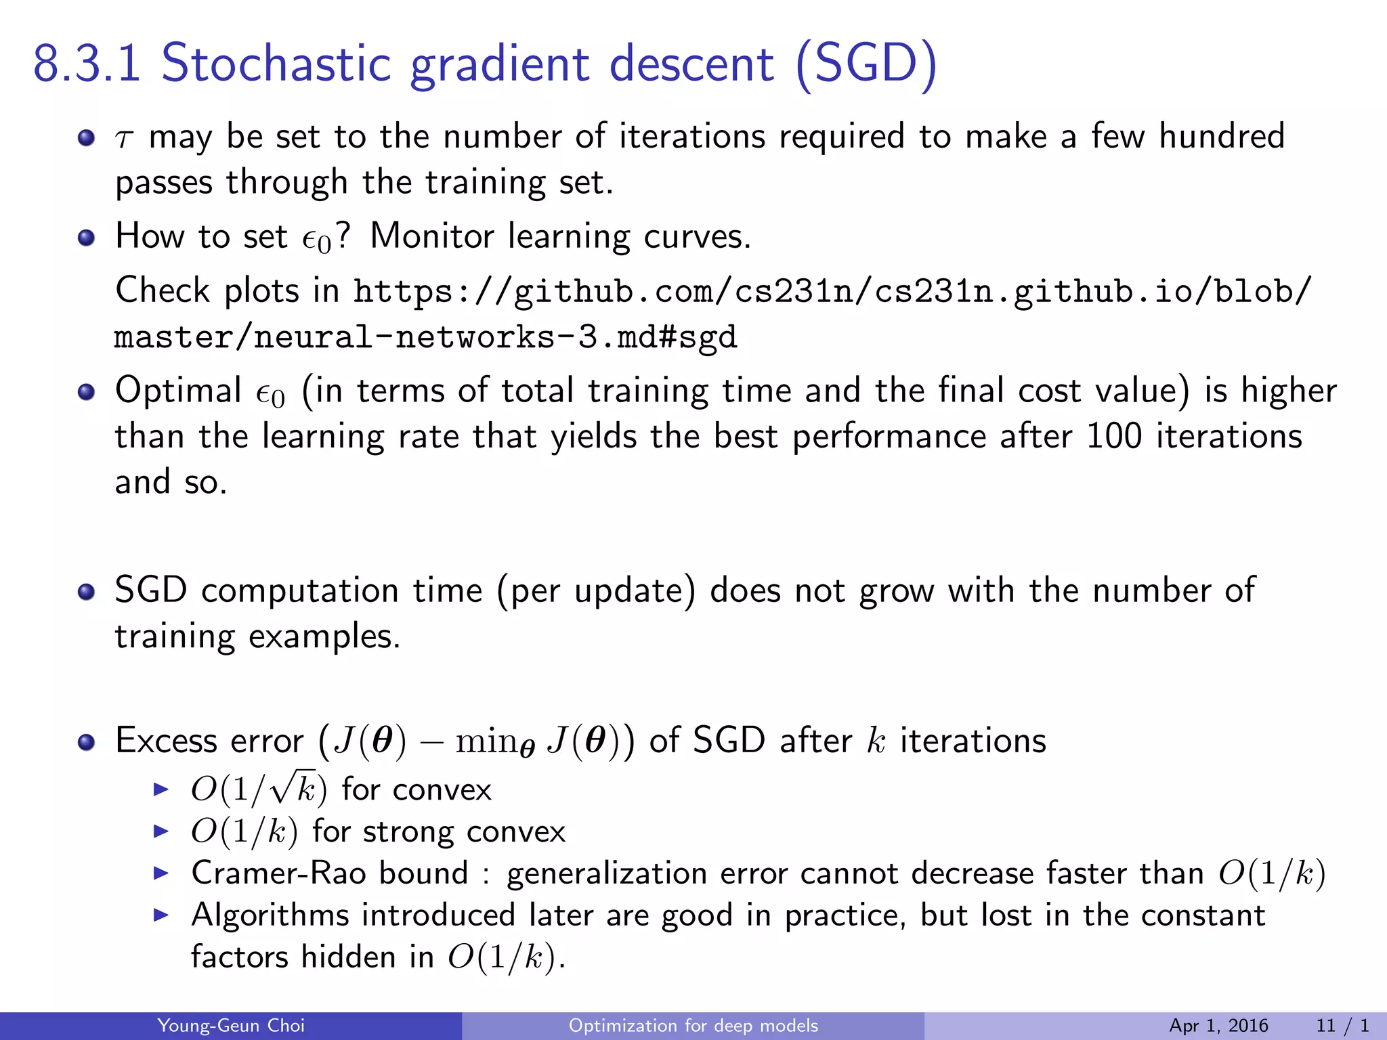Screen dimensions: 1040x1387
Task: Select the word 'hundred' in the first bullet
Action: pos(1222,136)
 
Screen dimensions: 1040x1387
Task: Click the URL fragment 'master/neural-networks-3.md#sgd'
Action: pos(425,337)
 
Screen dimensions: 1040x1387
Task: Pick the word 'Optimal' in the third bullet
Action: pos(178,391)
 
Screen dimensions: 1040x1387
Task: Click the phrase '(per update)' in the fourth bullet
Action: pos(596,591)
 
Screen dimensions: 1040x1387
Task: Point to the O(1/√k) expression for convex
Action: pos(259,789)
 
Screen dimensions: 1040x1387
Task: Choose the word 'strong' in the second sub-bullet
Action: pos(407,831)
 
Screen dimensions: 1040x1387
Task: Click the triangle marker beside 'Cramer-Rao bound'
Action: pos(161,873)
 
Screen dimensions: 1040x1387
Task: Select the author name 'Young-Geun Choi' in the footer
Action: pos(231,1026)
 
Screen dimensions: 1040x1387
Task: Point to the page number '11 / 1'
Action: pos(1342,1026)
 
